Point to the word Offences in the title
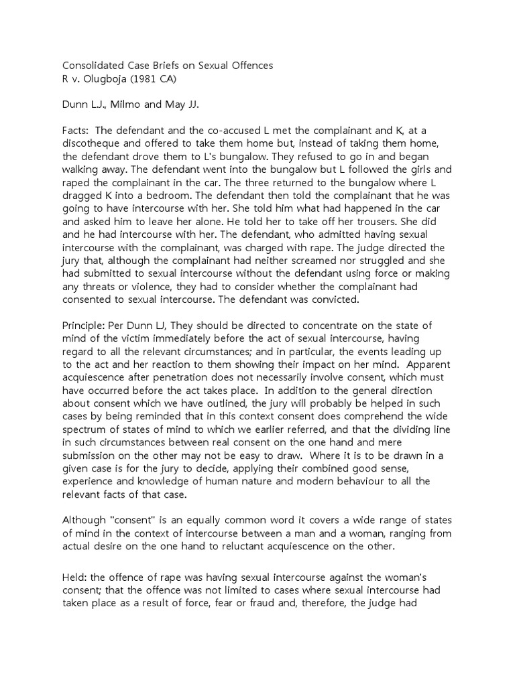[250, 65]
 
